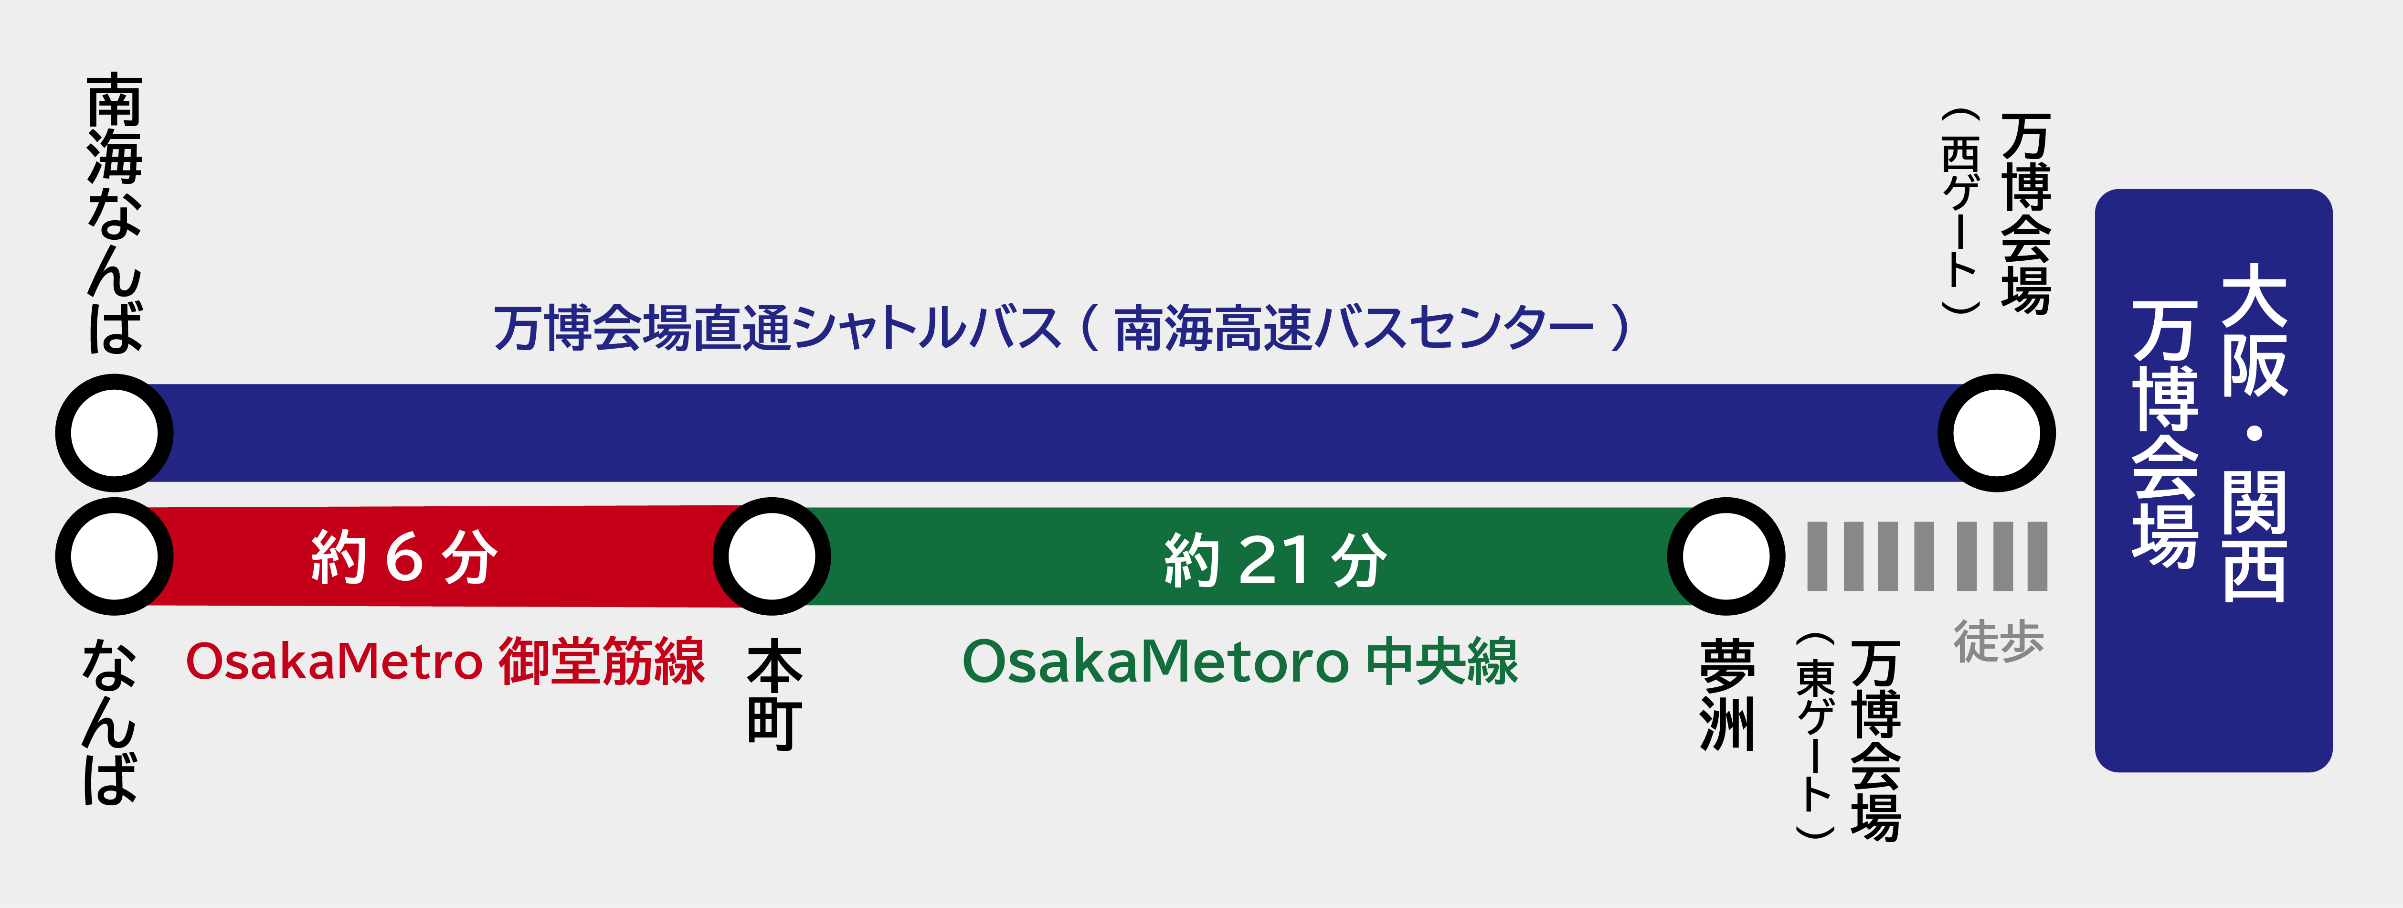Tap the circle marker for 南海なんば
(114, 433)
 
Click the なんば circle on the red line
(114, 556)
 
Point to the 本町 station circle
(772, 556)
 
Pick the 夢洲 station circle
(1726, 556)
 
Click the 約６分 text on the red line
(404, 557)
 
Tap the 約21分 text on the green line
(1275, 560)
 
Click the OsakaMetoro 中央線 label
(1240, 662)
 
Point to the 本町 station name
(774, 694)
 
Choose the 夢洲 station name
(1726, 694)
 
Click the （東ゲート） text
(1815, 737)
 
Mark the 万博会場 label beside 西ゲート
(2026, 214)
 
